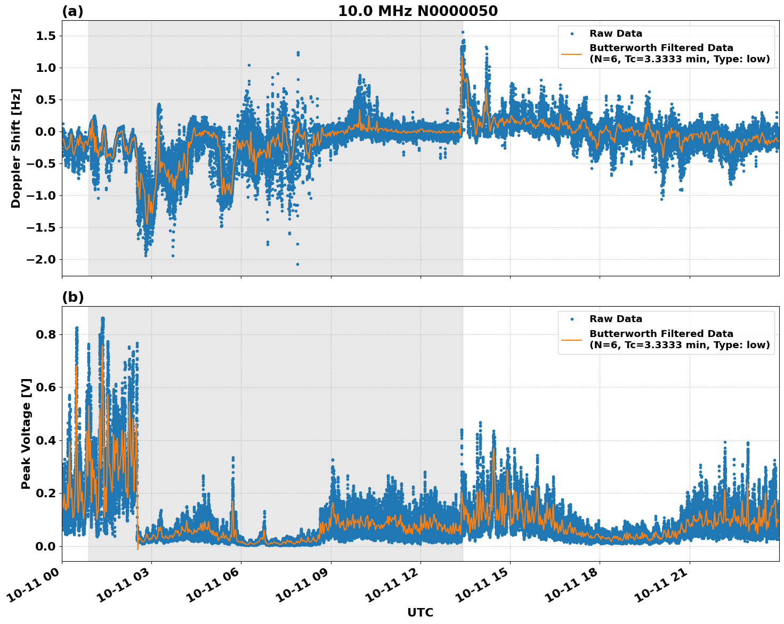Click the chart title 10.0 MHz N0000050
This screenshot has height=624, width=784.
pyautogui.click(x=418, y=11)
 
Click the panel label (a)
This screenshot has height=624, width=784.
pyautogui.click(x=72, y=11)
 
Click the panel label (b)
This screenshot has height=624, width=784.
pyautogui.click(x=73, y=297)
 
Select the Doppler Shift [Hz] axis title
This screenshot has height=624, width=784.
pyautogui.click(x=16, y=148)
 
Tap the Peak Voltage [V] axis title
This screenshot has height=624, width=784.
pyautogui.click(x=26, y=433)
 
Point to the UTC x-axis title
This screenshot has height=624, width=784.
pyautogui.click(x=420, y=612)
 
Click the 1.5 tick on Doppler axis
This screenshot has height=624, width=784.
pyautogui.click(x=45, y=36)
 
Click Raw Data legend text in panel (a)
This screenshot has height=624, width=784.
pyautogui.click(x=616, y=34)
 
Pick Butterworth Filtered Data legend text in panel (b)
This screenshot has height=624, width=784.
pyautogui.click(x=661, y=334)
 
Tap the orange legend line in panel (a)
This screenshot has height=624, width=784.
pyautogui.click(x=572, y=53)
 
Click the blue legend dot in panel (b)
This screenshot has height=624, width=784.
pyautogui.click(x=572, y=319)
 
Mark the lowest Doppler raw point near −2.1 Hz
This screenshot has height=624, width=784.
pyautogui.click(x=297, y=264)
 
